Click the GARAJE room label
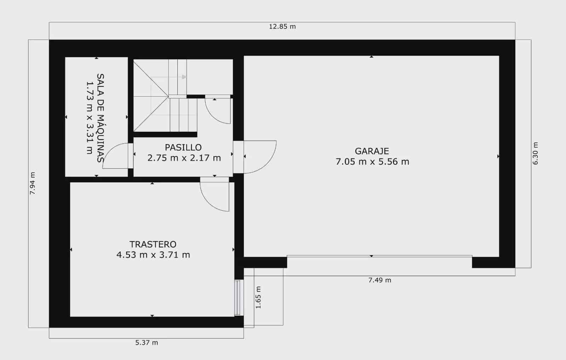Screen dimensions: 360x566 tap(372, 151)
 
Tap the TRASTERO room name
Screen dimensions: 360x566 tap(153, 244)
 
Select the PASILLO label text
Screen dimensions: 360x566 tap(183, 147)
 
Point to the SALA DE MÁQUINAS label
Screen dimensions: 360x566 tap(100, 118)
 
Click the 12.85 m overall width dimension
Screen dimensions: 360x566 tap(282, 27)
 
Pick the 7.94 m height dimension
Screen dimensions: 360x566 tap(33, 184)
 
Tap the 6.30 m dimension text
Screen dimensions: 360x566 tap(535, 153)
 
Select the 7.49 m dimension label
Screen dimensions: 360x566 tap(380, 280)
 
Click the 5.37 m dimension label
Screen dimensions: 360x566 tap(146, 343)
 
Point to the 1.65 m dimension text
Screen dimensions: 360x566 tap(258, 297)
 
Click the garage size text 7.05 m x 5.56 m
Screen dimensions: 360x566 tap(372, 162)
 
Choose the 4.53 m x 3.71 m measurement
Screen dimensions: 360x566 tap(153, 255)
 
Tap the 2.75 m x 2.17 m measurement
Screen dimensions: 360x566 tap(184, 158)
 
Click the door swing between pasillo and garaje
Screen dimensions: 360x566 tap(260, 157)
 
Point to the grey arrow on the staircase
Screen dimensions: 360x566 tap(183, 77)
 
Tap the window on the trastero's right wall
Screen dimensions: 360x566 tap(238, 297)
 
